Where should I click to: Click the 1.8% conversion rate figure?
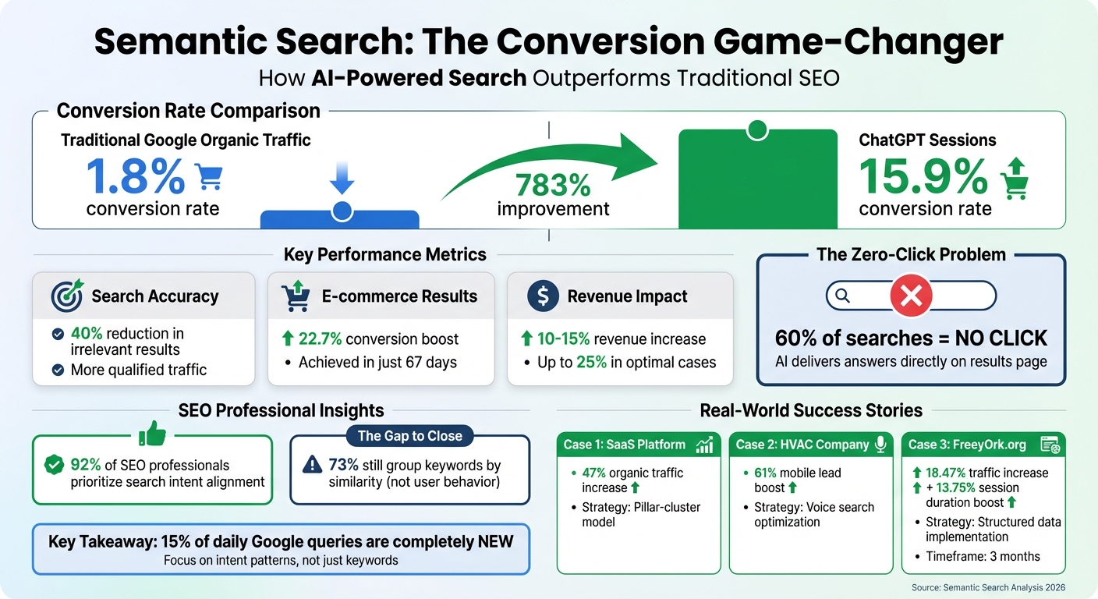135,177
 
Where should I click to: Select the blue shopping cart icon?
207,176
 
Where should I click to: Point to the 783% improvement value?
553,185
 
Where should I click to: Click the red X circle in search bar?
911,296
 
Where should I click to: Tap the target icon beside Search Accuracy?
66,296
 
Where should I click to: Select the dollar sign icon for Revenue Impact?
543,296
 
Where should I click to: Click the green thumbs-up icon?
153,433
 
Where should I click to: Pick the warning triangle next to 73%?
311,465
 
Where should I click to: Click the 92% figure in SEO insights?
86,465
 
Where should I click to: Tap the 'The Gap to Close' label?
409,436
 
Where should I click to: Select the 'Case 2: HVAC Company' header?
803,445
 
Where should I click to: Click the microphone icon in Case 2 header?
880,445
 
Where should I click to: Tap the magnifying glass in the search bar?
841,296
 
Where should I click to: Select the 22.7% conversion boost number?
320,339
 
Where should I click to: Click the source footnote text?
988,587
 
